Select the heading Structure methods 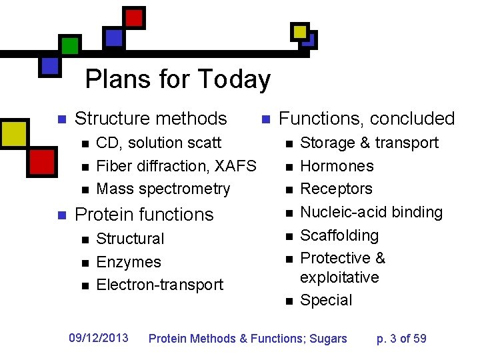pos(151,119)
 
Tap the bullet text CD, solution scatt pos(159,143)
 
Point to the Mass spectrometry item pos(163,189)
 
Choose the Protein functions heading pos(144,215)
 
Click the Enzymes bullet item pos(129,262)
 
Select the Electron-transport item pos(159,285)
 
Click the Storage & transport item pos(369,143)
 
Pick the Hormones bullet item pos(337,166)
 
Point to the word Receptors pos(336,189)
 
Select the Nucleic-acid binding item pos(371,212)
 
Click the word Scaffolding pos(339,235)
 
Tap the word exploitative pos(339,277)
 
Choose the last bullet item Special pos(326,300)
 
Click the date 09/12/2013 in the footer pos(99,338)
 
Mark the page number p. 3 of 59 pos(401,339)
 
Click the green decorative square pos(69,45)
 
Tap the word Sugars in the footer pos(327,339)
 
